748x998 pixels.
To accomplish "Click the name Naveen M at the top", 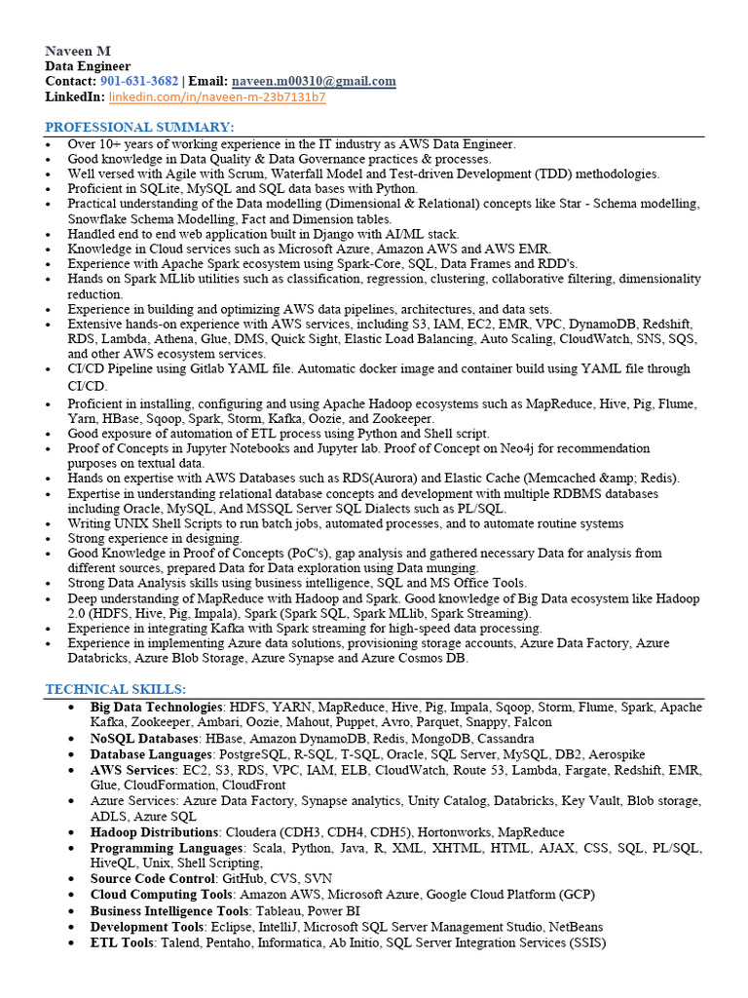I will pos(81,51).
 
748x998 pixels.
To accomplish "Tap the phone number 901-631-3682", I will pos(138,81).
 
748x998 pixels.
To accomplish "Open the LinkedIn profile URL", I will pos(217,97).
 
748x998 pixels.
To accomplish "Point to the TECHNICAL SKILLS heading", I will pos(115,689).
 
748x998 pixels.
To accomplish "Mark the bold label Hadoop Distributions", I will pos(155,832).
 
